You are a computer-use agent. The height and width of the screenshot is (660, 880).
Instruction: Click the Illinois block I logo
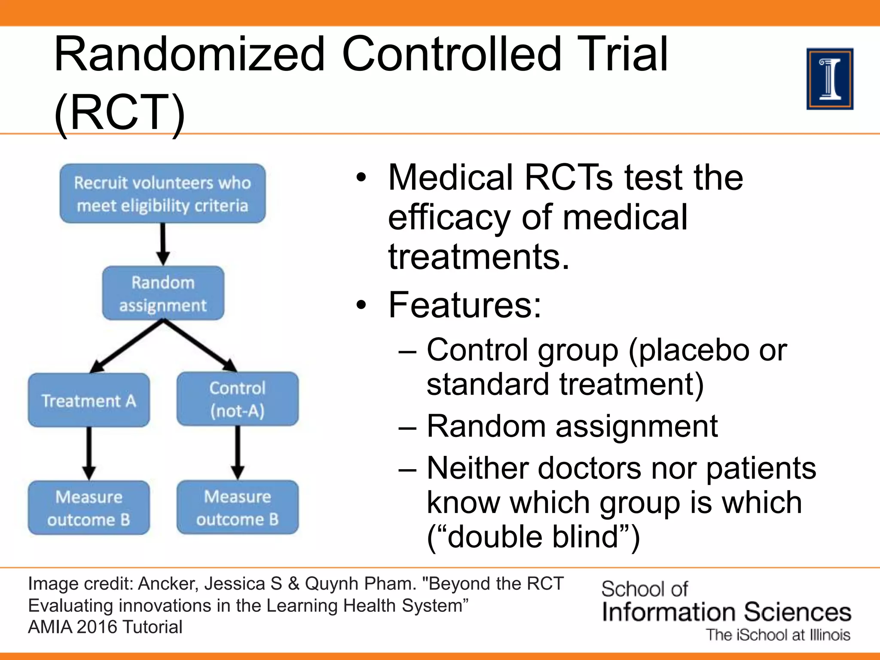coord(829,79)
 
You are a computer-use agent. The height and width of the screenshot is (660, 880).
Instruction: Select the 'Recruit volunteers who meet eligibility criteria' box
coord(162,194)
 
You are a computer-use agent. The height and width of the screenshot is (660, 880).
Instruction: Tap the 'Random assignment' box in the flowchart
coord(163,293)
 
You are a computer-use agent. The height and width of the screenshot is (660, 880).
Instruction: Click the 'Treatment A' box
coord(89,400)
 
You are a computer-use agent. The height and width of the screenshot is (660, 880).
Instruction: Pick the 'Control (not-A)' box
coord(237,399)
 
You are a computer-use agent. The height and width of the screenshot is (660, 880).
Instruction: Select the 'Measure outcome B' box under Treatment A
coord(89,508)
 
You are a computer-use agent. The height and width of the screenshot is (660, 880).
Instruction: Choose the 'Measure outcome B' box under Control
coord(237,507)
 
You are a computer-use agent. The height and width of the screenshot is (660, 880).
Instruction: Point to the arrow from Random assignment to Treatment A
coord(127,346)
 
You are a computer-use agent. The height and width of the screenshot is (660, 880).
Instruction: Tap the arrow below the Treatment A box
coord(89,453)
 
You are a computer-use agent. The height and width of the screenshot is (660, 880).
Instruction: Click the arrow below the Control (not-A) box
coord(238,452)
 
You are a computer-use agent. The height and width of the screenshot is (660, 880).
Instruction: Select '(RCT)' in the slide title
coord(119,113)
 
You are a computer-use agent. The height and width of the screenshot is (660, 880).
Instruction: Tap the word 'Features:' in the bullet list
coord(465,305)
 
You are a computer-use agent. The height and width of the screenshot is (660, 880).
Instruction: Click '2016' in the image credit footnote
coord(96,627)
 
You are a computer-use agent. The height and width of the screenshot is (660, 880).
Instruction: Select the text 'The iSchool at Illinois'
coord(778,635)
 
